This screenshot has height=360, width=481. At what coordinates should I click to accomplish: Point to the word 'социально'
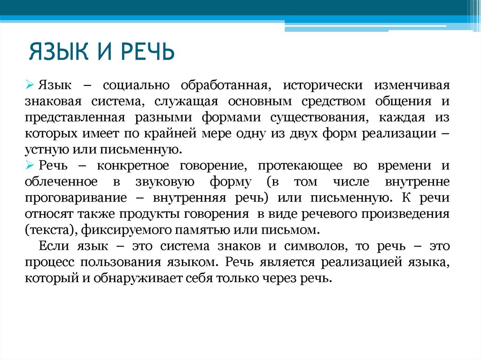tap(132, 86)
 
